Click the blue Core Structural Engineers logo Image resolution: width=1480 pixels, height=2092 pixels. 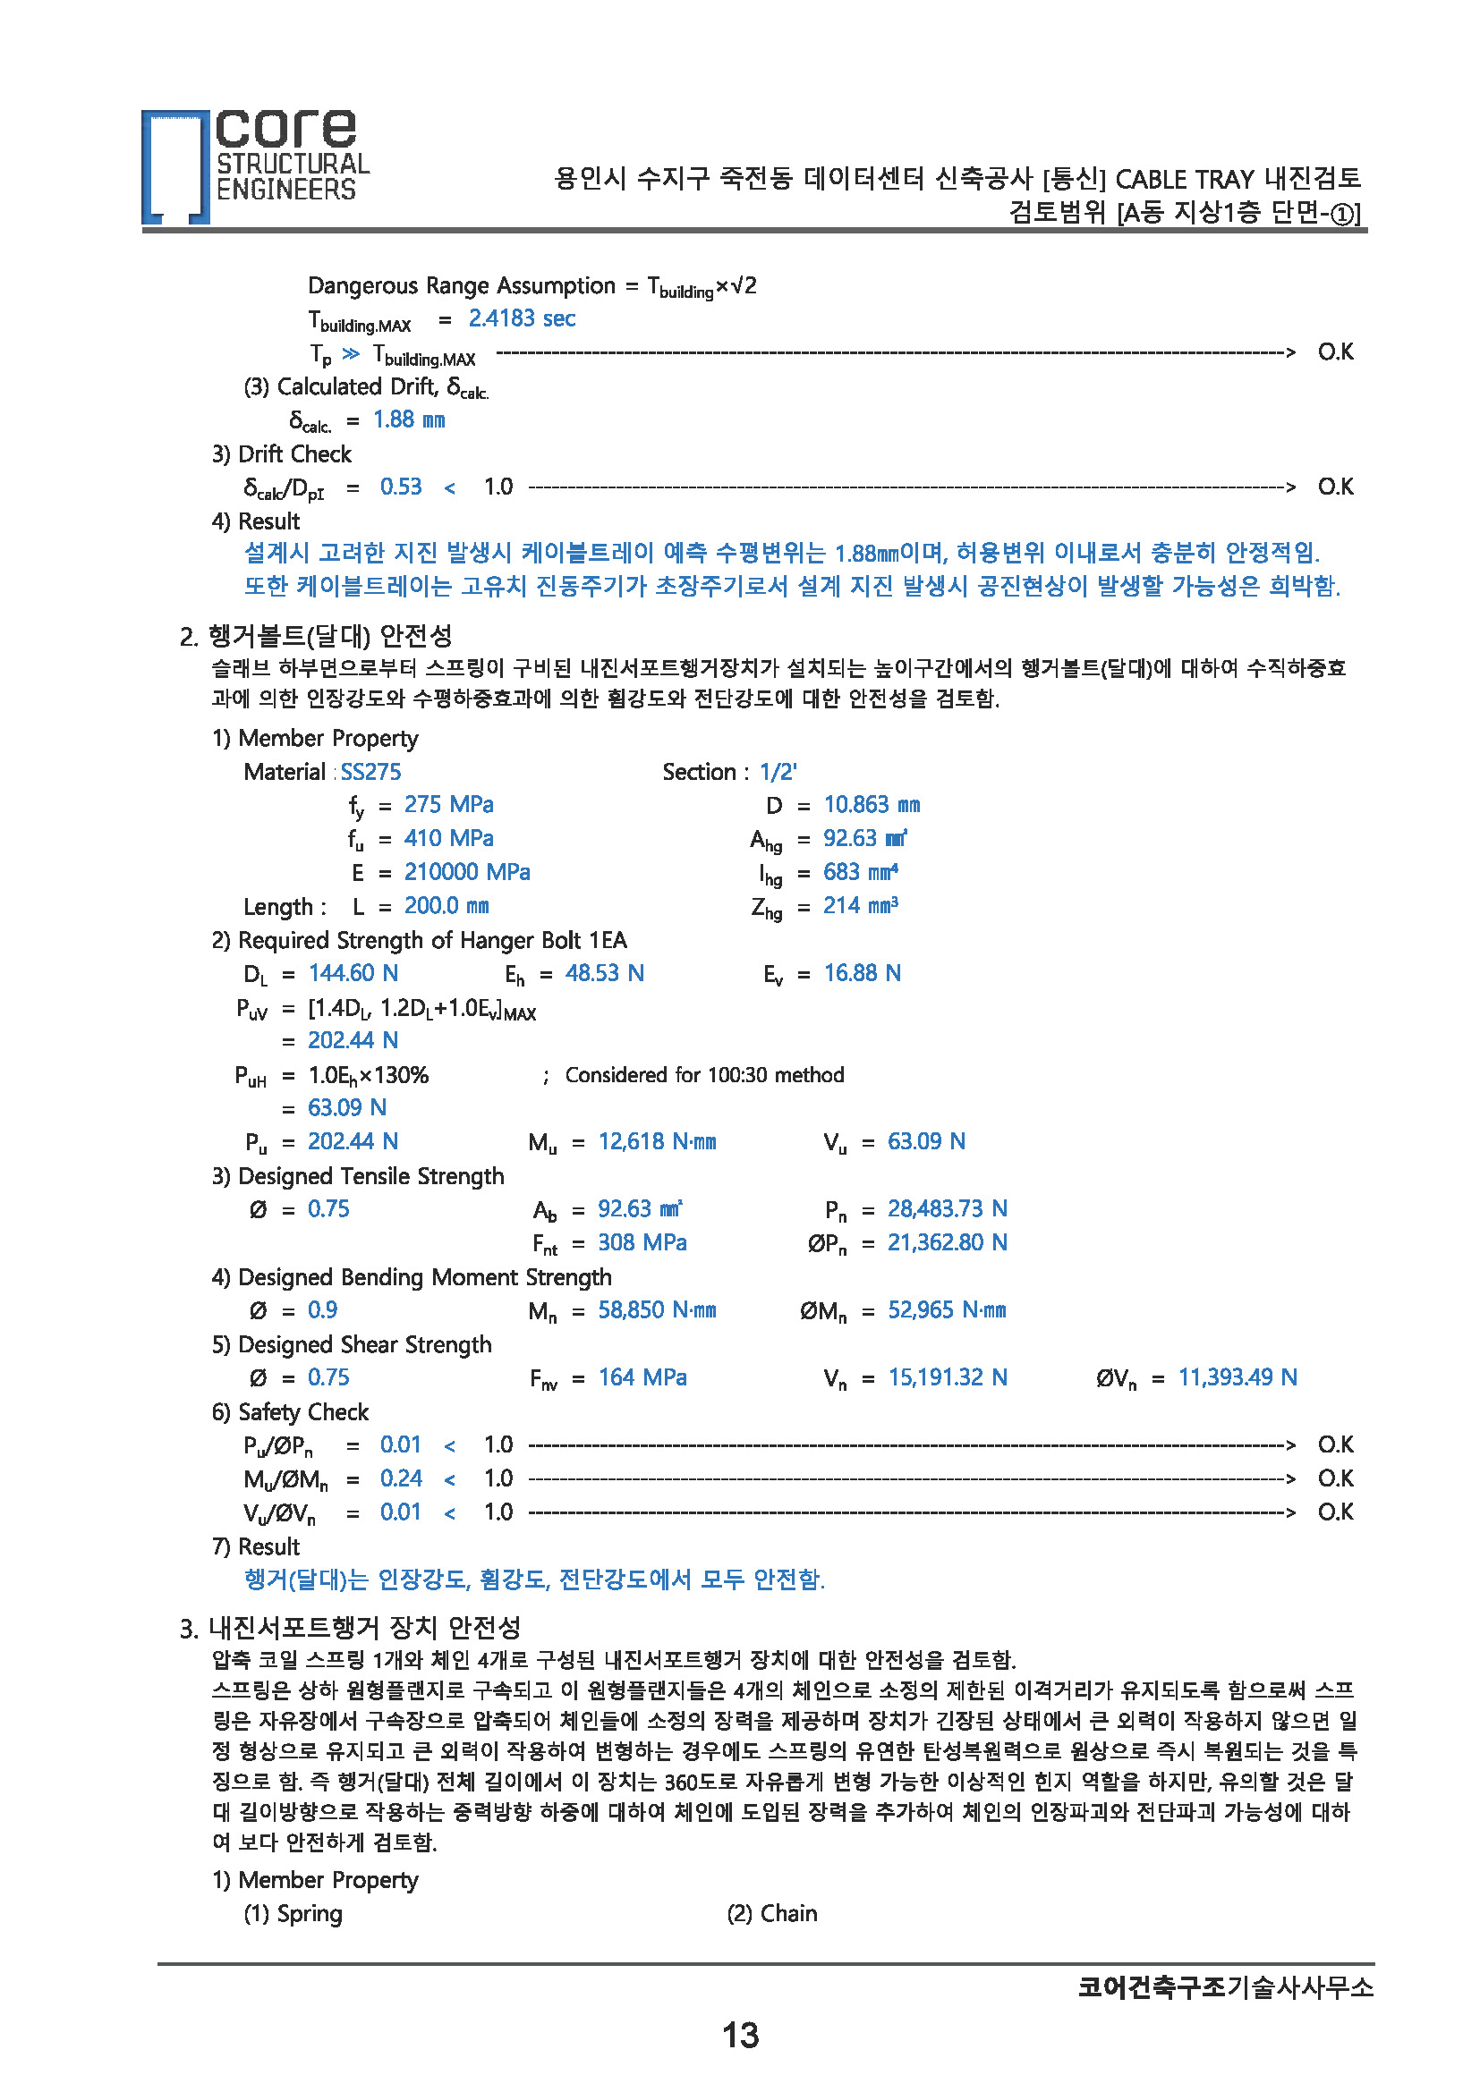[255, 165]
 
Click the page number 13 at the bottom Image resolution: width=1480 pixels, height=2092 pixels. [739, 2035]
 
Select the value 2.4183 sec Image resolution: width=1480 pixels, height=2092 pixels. [522, 318]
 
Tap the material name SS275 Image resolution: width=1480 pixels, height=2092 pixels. [370, 772]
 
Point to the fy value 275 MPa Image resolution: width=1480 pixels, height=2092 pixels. [448, 805]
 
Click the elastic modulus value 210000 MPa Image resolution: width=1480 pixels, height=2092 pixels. [466, 872]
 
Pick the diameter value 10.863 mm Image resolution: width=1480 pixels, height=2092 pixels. [872, 805]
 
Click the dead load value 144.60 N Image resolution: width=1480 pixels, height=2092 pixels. [353, 973]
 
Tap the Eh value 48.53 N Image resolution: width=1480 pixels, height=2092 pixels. [604, 973]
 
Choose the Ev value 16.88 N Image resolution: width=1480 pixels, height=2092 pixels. [862, 973]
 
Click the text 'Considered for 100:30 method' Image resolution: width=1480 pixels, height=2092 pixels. [704, 1075]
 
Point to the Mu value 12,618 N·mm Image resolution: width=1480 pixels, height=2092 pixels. [656, 1141]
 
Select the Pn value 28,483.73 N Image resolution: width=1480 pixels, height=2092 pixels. [947, 1209]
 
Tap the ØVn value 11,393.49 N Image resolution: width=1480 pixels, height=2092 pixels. [1237, 1377]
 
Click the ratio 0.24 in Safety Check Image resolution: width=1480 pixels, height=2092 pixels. [401, 1478]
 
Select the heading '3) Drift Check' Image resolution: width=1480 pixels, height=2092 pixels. [282, 453]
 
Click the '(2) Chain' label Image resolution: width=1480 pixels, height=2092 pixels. [771, 1913]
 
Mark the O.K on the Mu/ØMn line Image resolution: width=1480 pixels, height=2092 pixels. [1335, 1478]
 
